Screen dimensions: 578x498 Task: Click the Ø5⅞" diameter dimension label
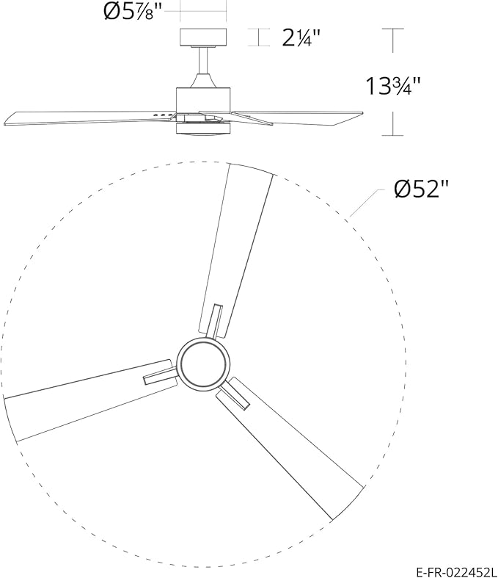[131, 12]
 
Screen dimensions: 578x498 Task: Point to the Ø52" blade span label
[420, 189]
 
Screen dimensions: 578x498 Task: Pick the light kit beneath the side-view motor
[203, 129]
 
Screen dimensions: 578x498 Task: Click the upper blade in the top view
[236, 242]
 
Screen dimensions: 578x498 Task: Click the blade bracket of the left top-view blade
[160, 375]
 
